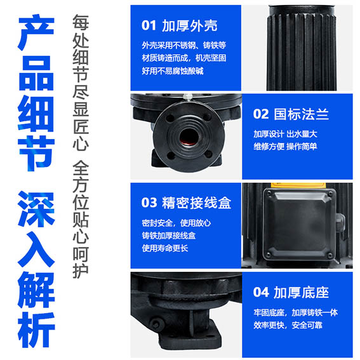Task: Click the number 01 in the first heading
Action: pyautogui.click(x=149, y=25)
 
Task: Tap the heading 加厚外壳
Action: pyautogui.click(x=190, y=25)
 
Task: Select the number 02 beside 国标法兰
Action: pyautogui.click(x=260, y=114)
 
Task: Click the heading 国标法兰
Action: pyautogui.click(x=301, y=114)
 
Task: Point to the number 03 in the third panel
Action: pyautogui.click(x=149, y=203)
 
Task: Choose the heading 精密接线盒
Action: pyautogui.click(x=197, y=203)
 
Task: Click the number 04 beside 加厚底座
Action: pyautogui.click(x=261, y=292)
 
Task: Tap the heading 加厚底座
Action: pyautogui.click(x=301, y=292)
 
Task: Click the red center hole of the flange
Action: pyautogui.click(x=189, y=137)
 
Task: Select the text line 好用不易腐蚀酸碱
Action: pyautogui.click(x=173, y=71)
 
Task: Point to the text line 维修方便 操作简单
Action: pyautogui.click(x=285, y=146)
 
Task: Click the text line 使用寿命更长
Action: pyautogui.click(x=165, y=248)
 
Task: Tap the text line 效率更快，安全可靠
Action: pyautogui.click(x=288, y=325)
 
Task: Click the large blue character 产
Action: pyautogui.click(x=36, y=32)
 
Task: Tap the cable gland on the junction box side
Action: pyautogui.click(x=340, y=223)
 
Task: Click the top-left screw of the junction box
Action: pyautogui.click(x=269, y=193)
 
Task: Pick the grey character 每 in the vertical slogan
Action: pyautogui.click(x=81, y=22)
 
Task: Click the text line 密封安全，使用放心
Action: pyautogui.click(x=177, y=223)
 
